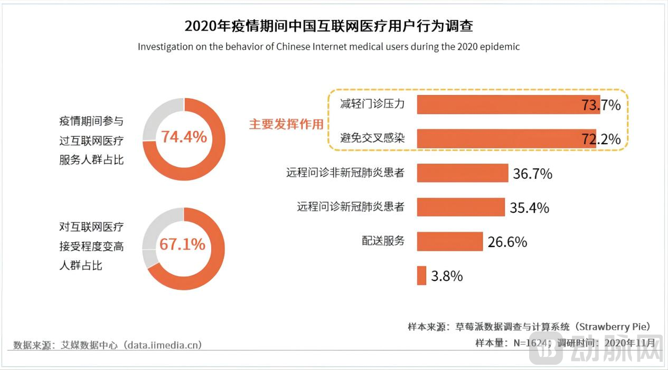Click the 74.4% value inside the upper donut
[184, 137]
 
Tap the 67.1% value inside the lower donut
[183, 244]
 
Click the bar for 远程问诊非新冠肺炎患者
[462, 173]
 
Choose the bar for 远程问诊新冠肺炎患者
[460, 207]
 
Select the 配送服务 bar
[449, 241]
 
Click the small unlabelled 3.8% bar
[421, 276]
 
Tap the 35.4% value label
[529, 207]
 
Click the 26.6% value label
[507, 242]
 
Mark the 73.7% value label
[601, 105]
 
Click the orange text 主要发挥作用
[286, 125]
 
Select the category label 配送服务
[383, 241]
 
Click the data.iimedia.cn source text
[162, 345]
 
